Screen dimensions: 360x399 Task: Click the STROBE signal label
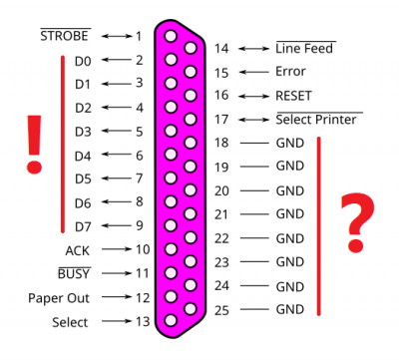pos(66,36)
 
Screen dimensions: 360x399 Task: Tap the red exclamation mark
pos(34,142)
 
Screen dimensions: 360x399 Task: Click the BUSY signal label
pos(74,273)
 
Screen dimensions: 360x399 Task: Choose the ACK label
pos(77,250)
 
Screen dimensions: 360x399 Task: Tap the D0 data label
pos(83,61)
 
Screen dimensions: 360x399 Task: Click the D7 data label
pos(83,226)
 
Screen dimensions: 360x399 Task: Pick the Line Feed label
pos(304,48)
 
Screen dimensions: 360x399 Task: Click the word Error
pos(290,72)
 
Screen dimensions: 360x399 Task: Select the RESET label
pos(294,96)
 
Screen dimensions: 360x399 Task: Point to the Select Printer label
pos(317,120)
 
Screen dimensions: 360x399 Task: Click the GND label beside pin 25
pos(289,310)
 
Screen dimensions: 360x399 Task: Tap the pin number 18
pos(221,144)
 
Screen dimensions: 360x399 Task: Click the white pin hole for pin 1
pos(172,37)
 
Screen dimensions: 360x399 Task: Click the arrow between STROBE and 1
pos(116,36)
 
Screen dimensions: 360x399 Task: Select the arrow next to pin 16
pos(253,96)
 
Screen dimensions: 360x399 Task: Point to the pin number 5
pos(139,131)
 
